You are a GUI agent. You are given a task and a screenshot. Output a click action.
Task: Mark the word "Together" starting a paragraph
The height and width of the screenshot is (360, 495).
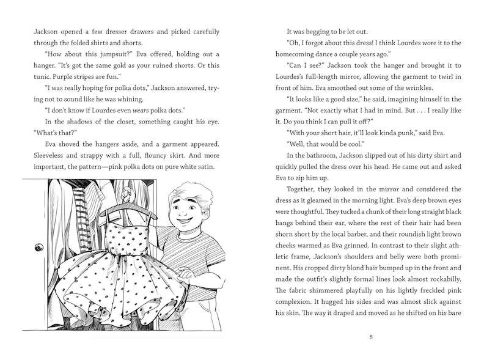[x=304, y=189]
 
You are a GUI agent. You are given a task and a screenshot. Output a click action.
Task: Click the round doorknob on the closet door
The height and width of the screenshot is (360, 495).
[x=40, y=248]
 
